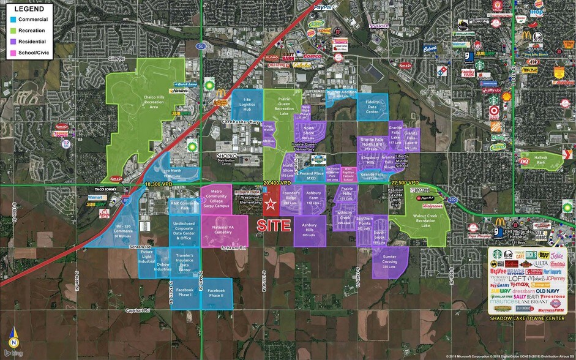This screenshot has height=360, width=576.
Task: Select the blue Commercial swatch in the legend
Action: click(x=12, y=20)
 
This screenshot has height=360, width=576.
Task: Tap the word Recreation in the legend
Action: click(x=32, y=29)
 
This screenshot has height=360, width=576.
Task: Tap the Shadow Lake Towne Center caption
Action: click(x=527, y=319)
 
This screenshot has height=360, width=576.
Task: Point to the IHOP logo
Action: click(x=537, y=12)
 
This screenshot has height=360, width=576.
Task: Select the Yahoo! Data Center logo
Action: click(x=380, y=26)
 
